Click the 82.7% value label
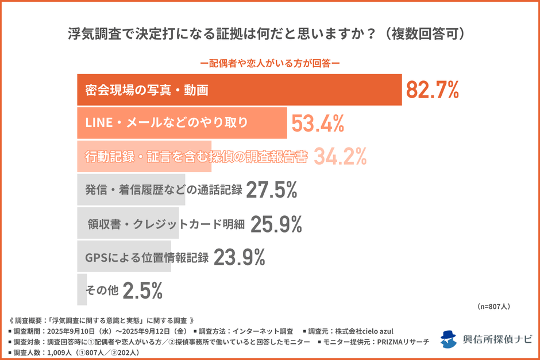click(433, 90)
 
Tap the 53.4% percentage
click(318, 122)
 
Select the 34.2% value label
click(340, 156)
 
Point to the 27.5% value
click(271, 189)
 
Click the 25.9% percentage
click(275, 224)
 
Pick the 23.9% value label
click(239, 257)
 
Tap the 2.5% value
click(143, 291)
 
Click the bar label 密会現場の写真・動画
click(146, 90)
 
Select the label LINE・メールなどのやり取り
click(167, 123)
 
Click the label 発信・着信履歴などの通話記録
click(163, 190)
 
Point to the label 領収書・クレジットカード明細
click(166, 224)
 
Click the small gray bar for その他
click(82, 290)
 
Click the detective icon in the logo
click(449, 339)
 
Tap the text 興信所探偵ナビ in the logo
click(497, 339)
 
